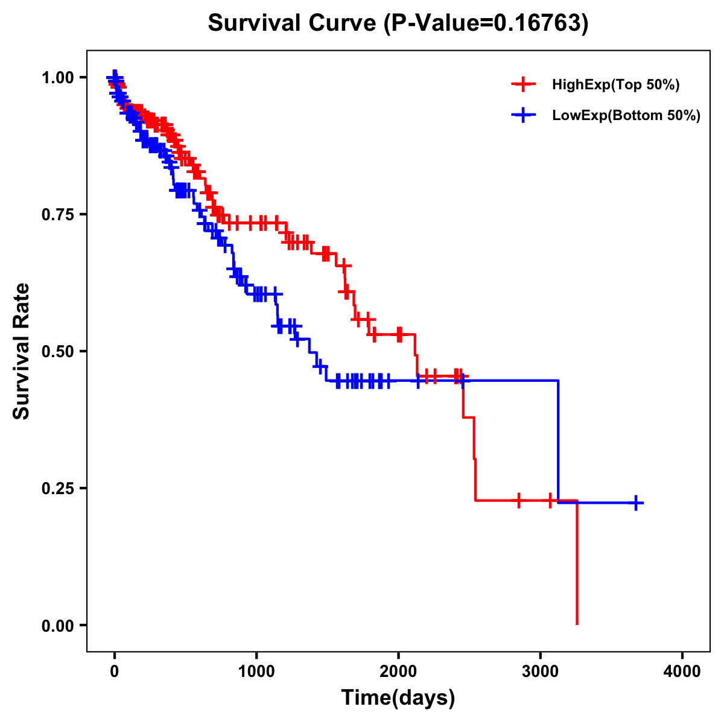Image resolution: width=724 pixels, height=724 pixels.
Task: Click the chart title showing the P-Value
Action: coord(398,23)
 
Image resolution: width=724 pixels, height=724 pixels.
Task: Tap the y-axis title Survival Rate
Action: coord(22,351)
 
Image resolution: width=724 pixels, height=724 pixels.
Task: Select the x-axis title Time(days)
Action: coord(398,698)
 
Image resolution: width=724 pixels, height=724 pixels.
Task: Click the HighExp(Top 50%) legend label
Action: coord(615,85)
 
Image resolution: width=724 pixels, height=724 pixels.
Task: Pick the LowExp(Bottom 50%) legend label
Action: coord(626,116)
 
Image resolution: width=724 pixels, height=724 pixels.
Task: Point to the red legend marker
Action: coord(523,84)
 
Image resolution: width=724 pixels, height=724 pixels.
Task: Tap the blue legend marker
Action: coord(523,115)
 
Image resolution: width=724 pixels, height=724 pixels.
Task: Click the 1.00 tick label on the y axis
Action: coord(58,78)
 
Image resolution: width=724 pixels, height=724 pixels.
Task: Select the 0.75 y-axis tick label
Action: coord(58,215)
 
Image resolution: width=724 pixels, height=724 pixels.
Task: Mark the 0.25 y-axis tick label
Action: coord(58,488)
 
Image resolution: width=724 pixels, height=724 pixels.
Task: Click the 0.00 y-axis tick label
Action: coord(58,625)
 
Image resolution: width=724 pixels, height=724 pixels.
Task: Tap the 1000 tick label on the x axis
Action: coord(256,672)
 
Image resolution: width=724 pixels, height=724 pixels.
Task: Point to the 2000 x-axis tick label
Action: coord(398,672)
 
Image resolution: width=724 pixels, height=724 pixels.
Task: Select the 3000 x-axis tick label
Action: coord(541,672)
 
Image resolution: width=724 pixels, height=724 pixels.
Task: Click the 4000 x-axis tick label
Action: coord(682,672)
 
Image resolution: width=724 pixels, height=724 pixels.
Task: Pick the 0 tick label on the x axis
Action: coord(115,672)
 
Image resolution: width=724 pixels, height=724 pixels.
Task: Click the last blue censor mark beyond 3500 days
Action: coord(636,503)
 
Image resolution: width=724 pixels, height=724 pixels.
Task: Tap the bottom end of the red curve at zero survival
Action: coord(577,623)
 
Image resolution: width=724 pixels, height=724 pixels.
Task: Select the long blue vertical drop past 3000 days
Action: coord(558,440)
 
